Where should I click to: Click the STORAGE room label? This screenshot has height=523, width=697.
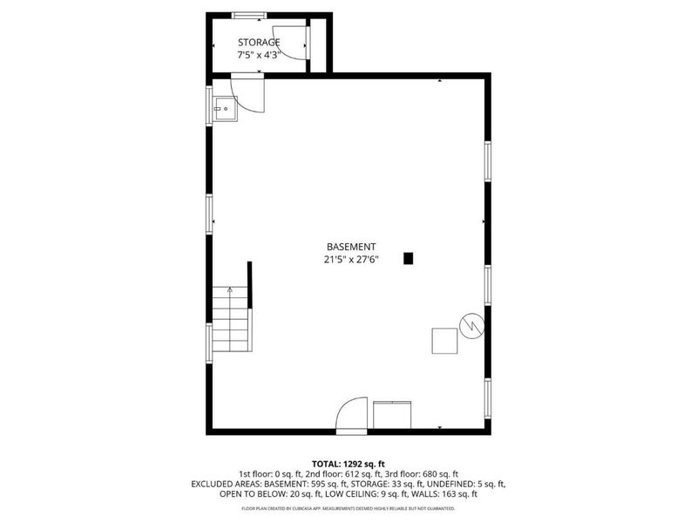pos(259,42)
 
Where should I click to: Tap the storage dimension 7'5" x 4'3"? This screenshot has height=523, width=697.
pos(259,55)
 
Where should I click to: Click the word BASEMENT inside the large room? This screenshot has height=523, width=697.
pos(351,247)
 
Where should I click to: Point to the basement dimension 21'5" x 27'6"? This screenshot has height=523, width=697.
pos(351,259)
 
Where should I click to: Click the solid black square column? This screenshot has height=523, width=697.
pos(409,258)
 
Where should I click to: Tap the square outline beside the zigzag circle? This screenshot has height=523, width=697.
pos(444,340)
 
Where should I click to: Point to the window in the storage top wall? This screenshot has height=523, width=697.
pos(248,15)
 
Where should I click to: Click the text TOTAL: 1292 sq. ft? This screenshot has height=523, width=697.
pos(348,463)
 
